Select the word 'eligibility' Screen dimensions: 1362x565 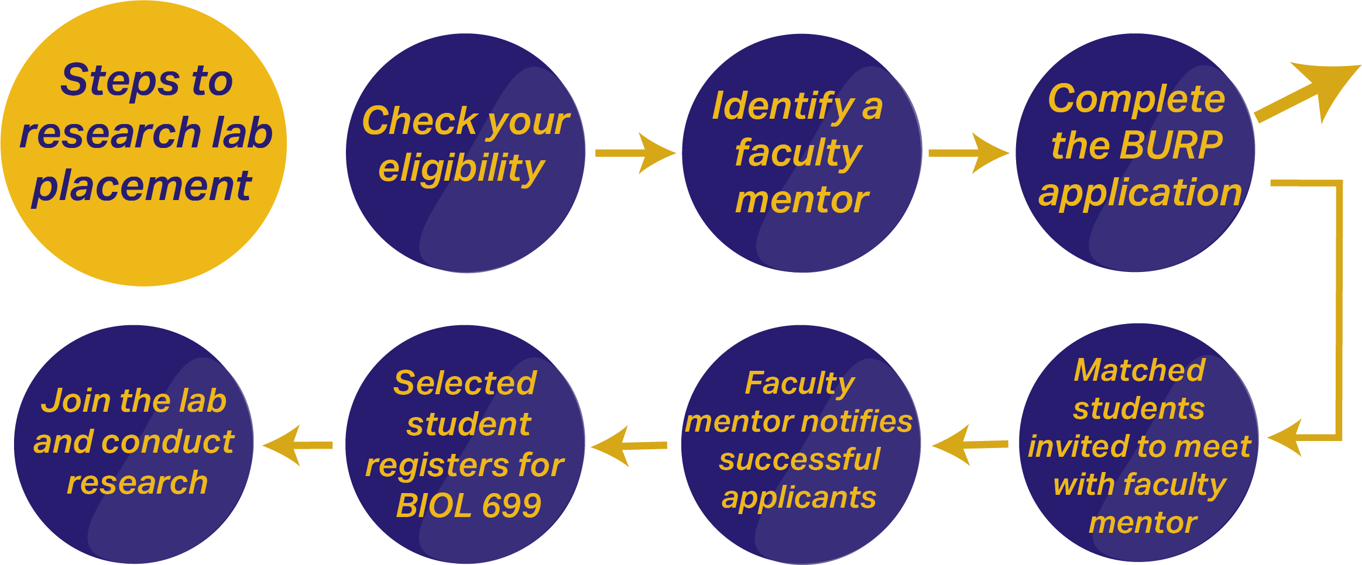point(461,168)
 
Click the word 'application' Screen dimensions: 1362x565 point(1140,192)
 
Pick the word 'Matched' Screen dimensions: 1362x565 point(1140,370)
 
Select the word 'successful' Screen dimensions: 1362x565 point(800,459)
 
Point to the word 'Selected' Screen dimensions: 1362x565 point(465,383)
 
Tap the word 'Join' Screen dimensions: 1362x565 point(76,401)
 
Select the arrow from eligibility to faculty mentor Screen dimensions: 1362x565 point(636,153)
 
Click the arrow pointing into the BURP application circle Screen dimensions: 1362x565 point(969,153)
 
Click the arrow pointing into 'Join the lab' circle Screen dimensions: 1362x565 point(297,445)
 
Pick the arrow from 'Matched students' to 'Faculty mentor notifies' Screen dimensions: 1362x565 point(970,445)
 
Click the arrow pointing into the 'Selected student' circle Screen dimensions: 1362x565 point(629,446)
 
